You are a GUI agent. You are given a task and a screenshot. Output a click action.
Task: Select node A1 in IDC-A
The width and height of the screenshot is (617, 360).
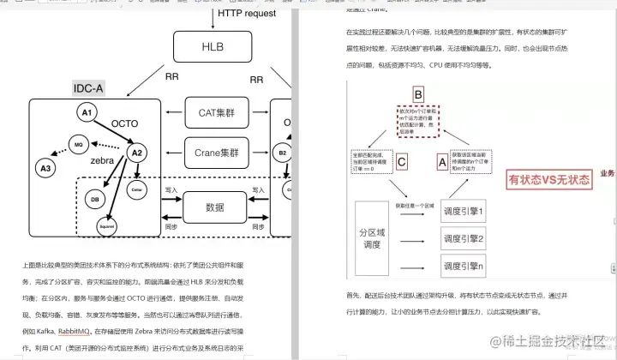click(x=86, y=113)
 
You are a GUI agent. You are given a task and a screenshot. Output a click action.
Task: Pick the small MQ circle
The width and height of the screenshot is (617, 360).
click(x=78, y=144)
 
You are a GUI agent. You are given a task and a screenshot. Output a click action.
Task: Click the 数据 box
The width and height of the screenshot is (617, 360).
click(x=216, y=208)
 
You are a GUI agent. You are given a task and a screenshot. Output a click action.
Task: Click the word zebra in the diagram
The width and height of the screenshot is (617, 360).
click(x=102, y=161)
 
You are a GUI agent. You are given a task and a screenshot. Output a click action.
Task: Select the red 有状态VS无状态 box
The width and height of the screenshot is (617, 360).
click(x=549, y=180)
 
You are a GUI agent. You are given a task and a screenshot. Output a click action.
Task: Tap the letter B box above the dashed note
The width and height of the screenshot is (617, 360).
click(x=418, y=95)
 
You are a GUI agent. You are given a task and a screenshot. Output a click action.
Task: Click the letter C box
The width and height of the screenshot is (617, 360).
click(x=402, y=159)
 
